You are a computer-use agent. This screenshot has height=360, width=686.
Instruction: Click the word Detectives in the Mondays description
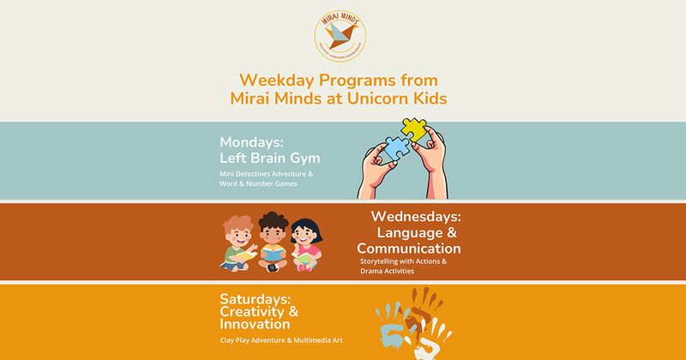(x=261, y=175)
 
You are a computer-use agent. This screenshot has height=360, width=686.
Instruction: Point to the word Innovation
(x=255, y=326)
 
